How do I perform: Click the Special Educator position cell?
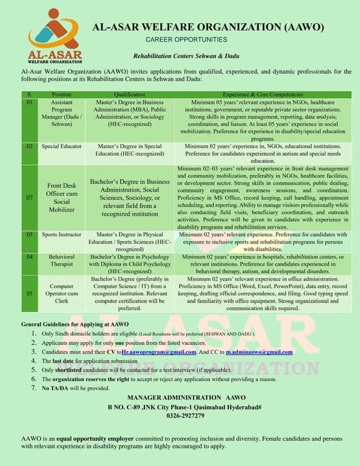[62, 146]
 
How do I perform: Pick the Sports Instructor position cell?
[62, 235]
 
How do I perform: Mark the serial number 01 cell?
[30, 102]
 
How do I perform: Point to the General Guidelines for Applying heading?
[75, 322]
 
